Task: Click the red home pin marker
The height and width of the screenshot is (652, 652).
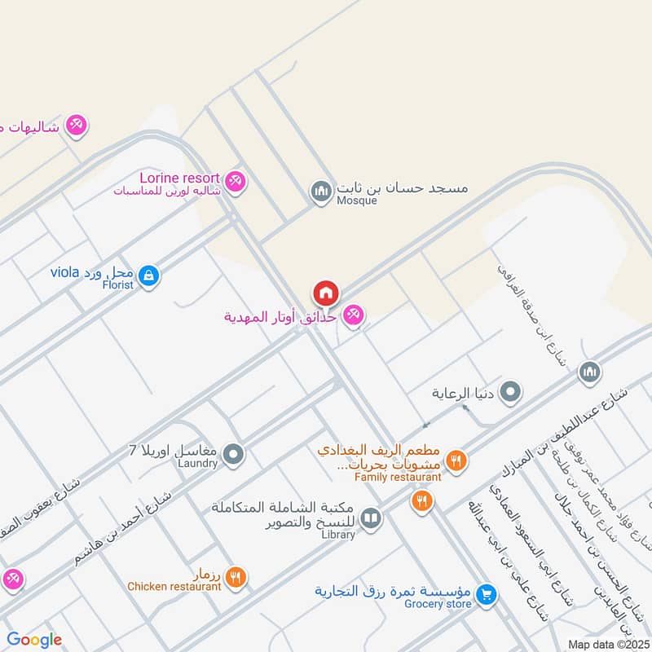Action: coord(325,293)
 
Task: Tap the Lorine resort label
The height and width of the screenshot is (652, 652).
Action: coord(179,178)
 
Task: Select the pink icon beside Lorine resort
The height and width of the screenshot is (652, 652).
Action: coord(236,182)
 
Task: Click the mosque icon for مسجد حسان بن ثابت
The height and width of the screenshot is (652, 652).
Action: coord(319,192)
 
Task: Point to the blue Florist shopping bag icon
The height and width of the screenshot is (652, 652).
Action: coord(148,275)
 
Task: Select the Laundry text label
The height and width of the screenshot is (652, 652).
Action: coord(197,464)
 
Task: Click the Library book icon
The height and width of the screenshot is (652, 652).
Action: coord(370,518)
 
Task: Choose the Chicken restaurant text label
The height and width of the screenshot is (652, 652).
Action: coord(174,586)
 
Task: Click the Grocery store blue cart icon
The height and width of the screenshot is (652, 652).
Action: coord(487,596)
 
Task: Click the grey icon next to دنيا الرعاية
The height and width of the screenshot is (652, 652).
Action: coord(511,393)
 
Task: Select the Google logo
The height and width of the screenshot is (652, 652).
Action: coord(34,640)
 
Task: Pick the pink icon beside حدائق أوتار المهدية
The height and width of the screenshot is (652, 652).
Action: coord(353,315)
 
